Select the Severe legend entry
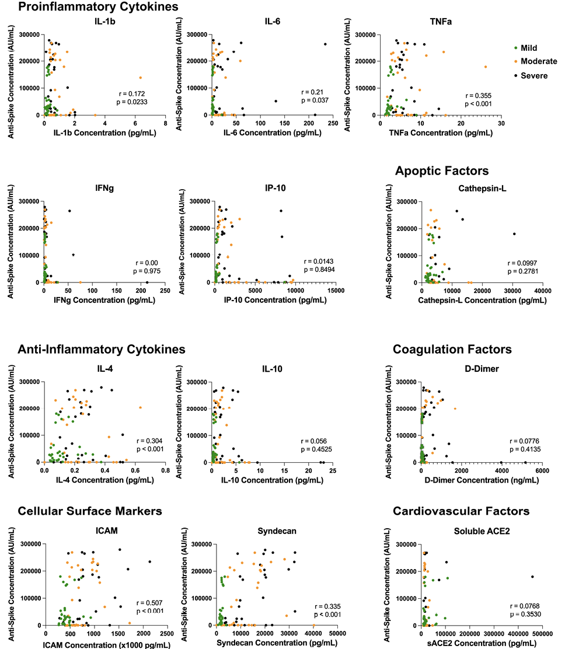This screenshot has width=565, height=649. click(x=532, y=76)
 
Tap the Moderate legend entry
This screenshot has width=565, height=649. click(x=535, y=62)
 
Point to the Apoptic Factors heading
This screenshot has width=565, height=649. click(x=441, y=171)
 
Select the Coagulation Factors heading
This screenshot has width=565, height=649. click(x=452, y=350)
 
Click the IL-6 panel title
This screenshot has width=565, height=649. click(x=270, y=22)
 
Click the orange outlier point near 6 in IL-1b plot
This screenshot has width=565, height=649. click(x=141, y=78)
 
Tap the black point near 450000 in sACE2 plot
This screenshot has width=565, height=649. click(x=532, y=577)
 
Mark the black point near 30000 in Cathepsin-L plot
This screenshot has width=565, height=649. click(x=514, y=234)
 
